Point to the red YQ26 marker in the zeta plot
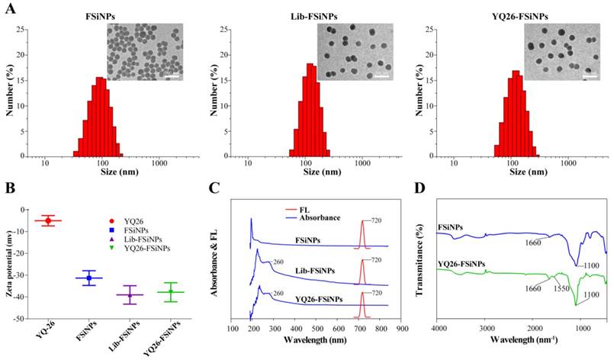[48, 220]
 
